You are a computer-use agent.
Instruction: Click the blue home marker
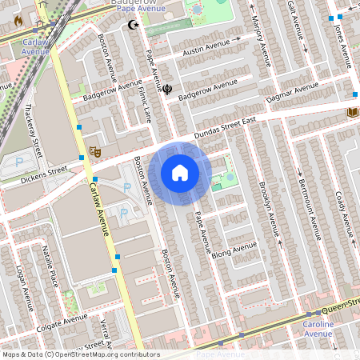180,173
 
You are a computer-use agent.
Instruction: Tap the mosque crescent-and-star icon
134,26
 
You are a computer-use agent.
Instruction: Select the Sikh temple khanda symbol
167,90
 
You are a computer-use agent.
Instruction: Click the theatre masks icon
94,150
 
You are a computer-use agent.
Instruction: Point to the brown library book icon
352,113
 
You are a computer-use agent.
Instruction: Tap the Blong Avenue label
235,250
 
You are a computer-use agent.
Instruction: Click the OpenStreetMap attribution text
80,354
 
